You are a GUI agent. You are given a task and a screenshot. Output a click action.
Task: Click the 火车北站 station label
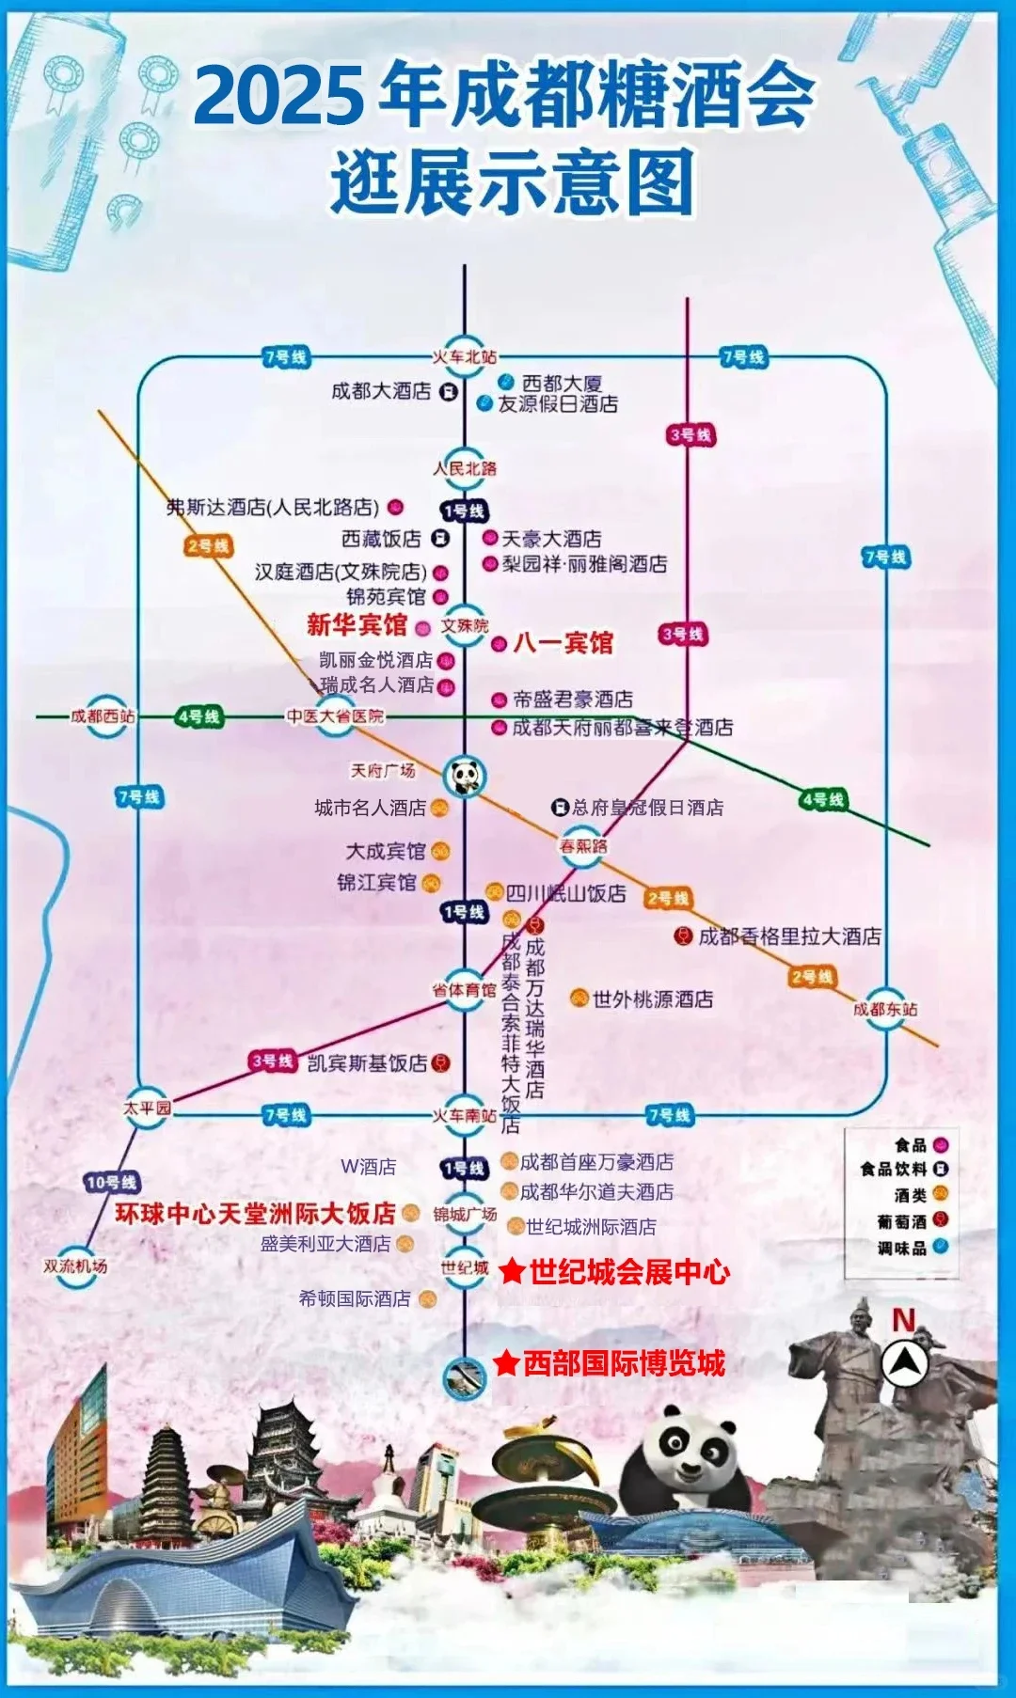464,357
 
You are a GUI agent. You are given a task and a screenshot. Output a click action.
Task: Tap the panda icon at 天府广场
465,776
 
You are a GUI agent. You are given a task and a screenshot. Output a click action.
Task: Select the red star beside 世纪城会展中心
512,1272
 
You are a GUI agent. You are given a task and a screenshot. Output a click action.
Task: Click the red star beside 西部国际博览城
506,1363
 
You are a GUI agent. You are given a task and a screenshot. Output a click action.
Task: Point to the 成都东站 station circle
885,1009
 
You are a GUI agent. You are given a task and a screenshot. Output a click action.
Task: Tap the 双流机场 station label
75,1266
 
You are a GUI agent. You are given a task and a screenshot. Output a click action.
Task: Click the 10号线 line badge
111,1182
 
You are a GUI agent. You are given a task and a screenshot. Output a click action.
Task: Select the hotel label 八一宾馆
563,643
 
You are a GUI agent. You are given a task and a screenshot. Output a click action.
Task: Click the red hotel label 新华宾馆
357,625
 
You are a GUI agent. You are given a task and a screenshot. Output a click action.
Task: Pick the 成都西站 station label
103,716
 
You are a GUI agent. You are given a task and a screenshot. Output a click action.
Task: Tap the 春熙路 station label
583,846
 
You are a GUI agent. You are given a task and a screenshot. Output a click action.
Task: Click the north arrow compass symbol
905,1361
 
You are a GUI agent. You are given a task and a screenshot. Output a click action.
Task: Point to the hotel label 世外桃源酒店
652,999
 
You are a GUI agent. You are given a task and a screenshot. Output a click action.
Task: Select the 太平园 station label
148,1108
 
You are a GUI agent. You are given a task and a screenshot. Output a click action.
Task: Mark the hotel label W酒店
368,1167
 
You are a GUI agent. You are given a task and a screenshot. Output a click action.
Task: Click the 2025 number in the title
279,96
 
